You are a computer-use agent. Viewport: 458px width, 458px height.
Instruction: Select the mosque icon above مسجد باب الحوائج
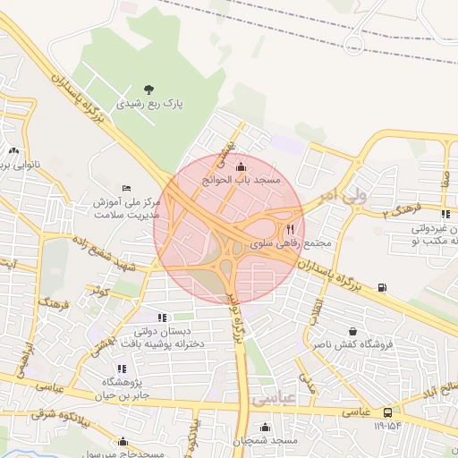pyautogui.click(x=241, y=165)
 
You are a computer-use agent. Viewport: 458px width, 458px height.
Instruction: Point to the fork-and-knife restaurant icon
pyautogui.click(x=290, y=228)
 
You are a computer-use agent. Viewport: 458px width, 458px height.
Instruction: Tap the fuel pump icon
pyautogui.click(x=383, y=287)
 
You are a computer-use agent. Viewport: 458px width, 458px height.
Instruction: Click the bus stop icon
pyautogui.click(x=388, y=412)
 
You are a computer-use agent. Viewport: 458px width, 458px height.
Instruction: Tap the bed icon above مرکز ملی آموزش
pyautogui.click(x=126, y=187)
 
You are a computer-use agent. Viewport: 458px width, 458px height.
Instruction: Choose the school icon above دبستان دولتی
pyautogui.click(x=162, y=317)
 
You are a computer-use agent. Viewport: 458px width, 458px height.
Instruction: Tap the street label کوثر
pyautogui.click(x=99, y=292)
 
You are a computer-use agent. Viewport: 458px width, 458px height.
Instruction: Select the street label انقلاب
pyautogui.click(x=318, y=312)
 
